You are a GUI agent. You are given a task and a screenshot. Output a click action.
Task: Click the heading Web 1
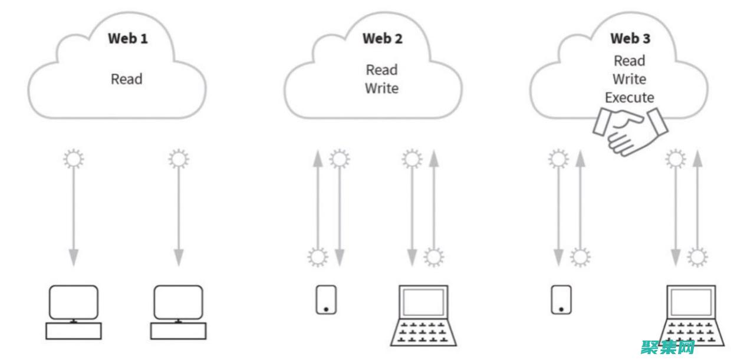point(127,39)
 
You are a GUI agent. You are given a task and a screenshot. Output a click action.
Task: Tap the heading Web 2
point(382,39)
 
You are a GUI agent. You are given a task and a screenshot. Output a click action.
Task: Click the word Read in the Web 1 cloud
point(127,79)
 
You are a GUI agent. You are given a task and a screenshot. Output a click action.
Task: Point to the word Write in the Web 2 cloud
point(381,89)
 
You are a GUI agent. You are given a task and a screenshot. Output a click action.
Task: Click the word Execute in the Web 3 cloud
point(629,98)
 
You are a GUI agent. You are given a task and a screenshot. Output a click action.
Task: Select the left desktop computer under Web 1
point(73,312)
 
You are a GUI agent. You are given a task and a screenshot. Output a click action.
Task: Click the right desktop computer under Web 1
point(177,312)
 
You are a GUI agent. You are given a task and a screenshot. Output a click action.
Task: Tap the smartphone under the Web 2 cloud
point(326,299)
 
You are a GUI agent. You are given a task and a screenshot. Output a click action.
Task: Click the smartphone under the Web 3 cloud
point(561,299)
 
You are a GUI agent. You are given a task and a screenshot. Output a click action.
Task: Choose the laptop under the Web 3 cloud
point(693,315)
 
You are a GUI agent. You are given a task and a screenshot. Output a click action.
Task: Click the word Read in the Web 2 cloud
point(381,70)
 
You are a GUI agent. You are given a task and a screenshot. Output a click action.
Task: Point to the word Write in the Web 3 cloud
point(629,80)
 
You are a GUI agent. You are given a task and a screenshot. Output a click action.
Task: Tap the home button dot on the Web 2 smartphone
point(326,308)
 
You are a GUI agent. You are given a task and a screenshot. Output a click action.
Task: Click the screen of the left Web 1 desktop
point(73,302)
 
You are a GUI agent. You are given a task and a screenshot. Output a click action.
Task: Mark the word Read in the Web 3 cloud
point(629,61)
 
